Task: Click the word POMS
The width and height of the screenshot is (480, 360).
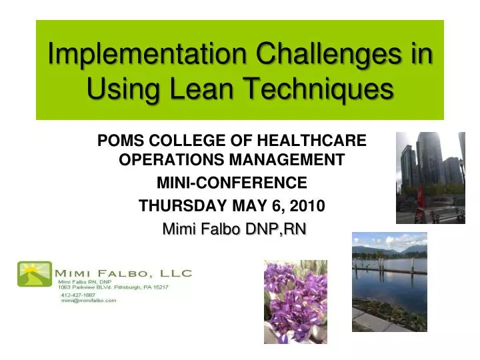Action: click(119, 141)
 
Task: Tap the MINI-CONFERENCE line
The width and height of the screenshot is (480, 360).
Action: click(231, 182)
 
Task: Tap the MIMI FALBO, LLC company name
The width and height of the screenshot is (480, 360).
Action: click(124, 273)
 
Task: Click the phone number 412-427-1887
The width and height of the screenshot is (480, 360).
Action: click(78, 294)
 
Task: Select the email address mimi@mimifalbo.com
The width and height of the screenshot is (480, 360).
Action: click(89, 301)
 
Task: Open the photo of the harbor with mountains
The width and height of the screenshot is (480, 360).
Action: click(389, 281)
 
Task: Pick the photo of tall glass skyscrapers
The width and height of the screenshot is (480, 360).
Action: click(430, 177)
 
